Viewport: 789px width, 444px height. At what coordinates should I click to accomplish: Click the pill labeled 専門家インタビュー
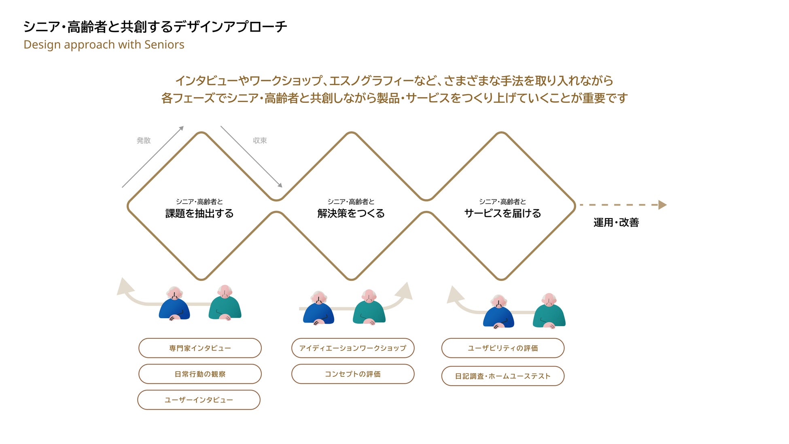coord(200,348)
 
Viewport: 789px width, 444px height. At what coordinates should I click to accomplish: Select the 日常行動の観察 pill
coord(200,374)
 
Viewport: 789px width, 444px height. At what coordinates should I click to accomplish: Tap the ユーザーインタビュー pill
coord(199,400)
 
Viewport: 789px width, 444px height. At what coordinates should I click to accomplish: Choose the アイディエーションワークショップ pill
coord(353,348)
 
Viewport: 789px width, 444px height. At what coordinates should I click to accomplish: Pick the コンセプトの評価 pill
coord(353,374)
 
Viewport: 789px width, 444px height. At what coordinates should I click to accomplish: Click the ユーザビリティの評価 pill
coord(503,348)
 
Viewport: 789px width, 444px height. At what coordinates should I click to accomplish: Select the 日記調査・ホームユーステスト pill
coord(503,376)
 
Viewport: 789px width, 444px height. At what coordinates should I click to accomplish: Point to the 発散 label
coord(144,140)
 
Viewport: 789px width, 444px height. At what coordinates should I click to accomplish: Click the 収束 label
coord(260,140)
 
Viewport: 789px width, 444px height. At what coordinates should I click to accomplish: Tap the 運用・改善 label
coord(616,222)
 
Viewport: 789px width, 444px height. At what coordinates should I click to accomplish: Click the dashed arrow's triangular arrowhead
coord(662,205)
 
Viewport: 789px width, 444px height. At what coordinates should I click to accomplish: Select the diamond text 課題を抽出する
coord(199,213)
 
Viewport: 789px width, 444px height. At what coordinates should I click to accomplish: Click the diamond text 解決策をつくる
coord(351,213)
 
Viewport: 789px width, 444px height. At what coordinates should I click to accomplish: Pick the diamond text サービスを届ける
coord(503,213)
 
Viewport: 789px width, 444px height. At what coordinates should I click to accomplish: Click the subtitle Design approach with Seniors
coord(104,45)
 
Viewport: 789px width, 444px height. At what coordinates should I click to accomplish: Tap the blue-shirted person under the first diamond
coord(174,306)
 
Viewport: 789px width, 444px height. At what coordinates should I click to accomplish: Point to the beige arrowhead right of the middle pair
coord(405,291)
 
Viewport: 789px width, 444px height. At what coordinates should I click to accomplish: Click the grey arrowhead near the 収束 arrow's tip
coord(280,185)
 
